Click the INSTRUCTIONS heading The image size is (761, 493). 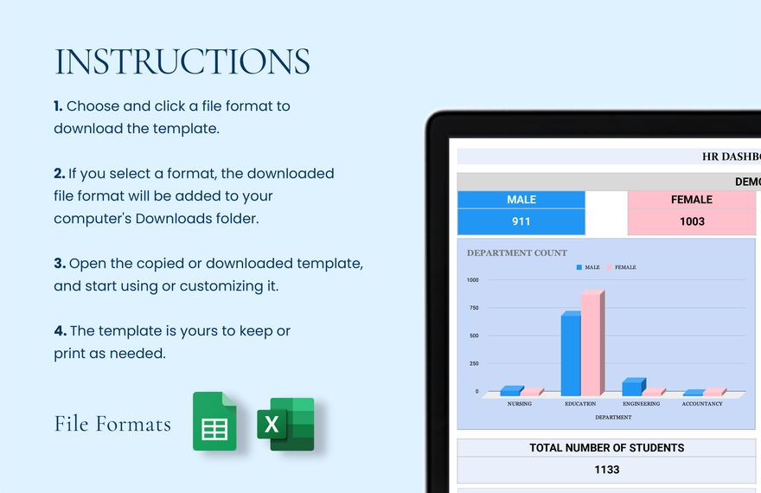pyautogui.click(x=182, y=62)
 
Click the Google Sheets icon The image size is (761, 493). pyautogui.click(x=214, y=421)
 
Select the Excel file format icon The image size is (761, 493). pyautogui.click(x=285, y=424)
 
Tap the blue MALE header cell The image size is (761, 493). pyautogui.click(x=521, y=200)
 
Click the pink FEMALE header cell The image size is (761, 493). pyautogui.click(x=691, y=200)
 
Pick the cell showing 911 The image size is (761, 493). pyautogui.click(x=521, y=221)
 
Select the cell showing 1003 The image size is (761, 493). pyautogui.click(x=691, y=221)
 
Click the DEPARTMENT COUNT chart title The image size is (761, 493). pyautogui.click(x=517, y=253)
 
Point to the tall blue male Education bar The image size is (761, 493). pyautogui.click(x=571, y=355)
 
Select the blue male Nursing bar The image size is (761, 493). pyautogui.click(x=510, y=391)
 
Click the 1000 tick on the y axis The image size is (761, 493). pyautogui.click(x=472, y=280)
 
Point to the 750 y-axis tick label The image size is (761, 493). pyautogui.click(x=473, y=308)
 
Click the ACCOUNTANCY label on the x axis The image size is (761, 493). pyautogui.click(x=701, y=404)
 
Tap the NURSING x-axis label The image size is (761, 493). pyautogui.click(x=520, y=404)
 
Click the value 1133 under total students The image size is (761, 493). pyautogui.click(x=606, y=470)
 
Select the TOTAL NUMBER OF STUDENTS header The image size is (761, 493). pyautogui.click(x=606, y=448)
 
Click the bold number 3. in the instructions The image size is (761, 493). pyautogui.click(x=60, y=263)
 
